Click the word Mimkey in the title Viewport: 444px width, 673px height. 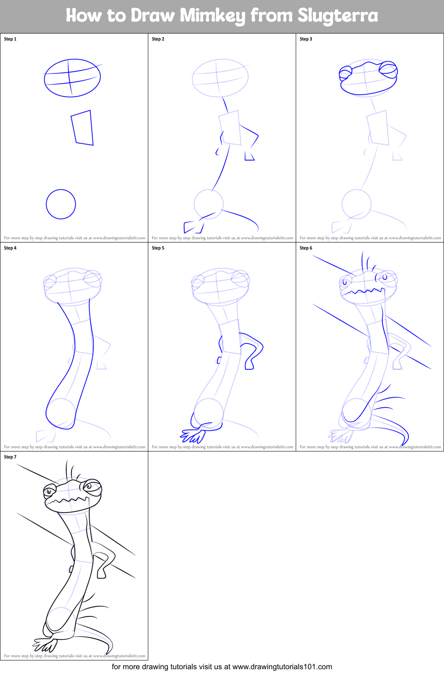click(x=213, y=16)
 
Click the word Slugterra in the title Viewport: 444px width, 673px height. click(x=338, y=16)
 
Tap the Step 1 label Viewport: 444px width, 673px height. click(x=10, y=39)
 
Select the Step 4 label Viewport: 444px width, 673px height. click(x=10, y=248)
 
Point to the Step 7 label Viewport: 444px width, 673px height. click(x=10, y=457)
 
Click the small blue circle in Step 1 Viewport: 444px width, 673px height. click(x=61, y=204)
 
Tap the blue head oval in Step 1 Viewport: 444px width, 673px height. click(x=72, y=78)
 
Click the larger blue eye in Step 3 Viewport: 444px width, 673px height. click(x=388, y=69)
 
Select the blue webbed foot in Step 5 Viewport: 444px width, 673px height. click(x=193, y=436)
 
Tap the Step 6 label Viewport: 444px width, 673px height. click(x=306, y=248)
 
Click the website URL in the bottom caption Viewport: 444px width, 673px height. click(x=282, y=667)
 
